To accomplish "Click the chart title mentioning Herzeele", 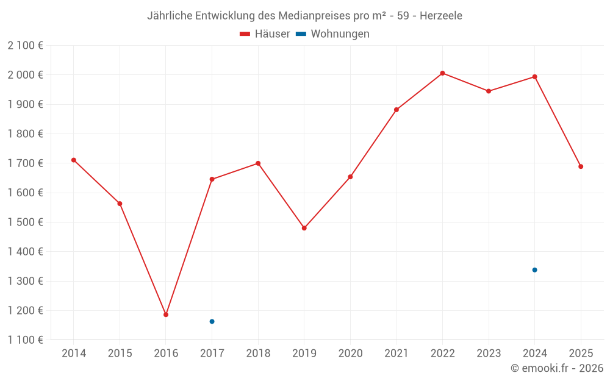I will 304,15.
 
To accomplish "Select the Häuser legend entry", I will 265,34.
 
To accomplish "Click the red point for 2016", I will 166,315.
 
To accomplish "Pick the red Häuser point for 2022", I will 442,73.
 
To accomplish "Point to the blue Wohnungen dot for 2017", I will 212,321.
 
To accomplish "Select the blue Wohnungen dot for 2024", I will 534,270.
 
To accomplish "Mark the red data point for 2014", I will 74,160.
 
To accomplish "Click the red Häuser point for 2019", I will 304,228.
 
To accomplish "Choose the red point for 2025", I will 581,166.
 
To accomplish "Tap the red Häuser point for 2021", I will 396,110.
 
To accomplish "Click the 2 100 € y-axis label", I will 25,46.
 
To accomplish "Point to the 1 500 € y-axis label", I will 25,223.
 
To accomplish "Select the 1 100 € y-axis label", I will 25,340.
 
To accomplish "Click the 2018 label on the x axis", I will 258,354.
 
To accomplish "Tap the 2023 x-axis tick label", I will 489,354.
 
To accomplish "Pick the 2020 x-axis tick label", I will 350,354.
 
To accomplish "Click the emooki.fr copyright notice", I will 556,368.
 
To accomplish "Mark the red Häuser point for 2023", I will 489,91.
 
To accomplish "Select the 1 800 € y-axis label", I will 25,134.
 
